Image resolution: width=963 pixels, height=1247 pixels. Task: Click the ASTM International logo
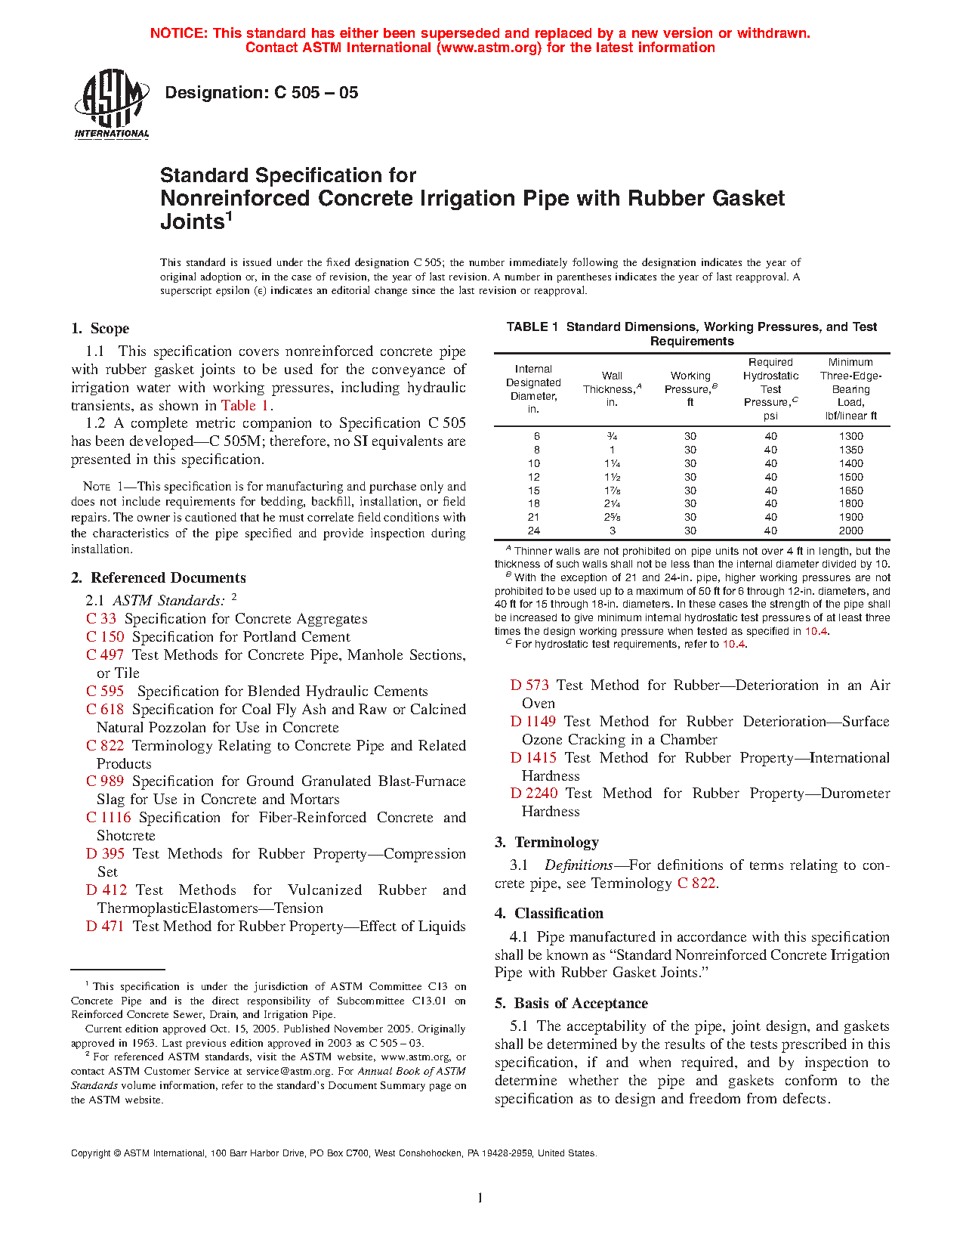[x=111, y=104]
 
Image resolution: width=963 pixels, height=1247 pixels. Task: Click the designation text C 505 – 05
[x=261, y=93]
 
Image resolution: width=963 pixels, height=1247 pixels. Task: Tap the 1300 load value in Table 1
[x=850, y=436]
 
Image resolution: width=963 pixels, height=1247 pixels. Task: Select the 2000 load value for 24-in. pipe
[x=850, y=531]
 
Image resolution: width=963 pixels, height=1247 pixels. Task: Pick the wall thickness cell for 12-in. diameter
[x=612, y=477]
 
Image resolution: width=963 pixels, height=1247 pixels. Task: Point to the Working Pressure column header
[x=690, y=388]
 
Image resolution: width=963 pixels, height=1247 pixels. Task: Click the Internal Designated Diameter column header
[x=533, y=388]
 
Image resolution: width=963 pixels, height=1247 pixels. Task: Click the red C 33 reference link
[x=101, y=619]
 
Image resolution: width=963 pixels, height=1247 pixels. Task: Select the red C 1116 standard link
[x=108, y=818]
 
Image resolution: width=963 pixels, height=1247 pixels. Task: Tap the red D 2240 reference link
[x=533, y=794]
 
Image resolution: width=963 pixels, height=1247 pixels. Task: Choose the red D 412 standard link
[x=106, y=890]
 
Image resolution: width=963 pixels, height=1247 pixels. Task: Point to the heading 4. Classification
[x=549, y=914]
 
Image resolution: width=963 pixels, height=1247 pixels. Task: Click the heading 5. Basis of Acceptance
[x=571, y=1004]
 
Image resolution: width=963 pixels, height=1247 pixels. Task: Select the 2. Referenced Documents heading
[x=159, y=578]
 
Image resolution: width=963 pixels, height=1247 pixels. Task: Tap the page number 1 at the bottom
[x=480, y=1197]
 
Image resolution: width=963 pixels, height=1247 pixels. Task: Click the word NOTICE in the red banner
[x=178, y=33]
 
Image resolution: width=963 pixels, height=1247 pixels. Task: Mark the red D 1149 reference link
[x=532, y=722]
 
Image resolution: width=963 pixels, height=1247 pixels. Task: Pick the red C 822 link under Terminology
[x=696, y=883]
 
